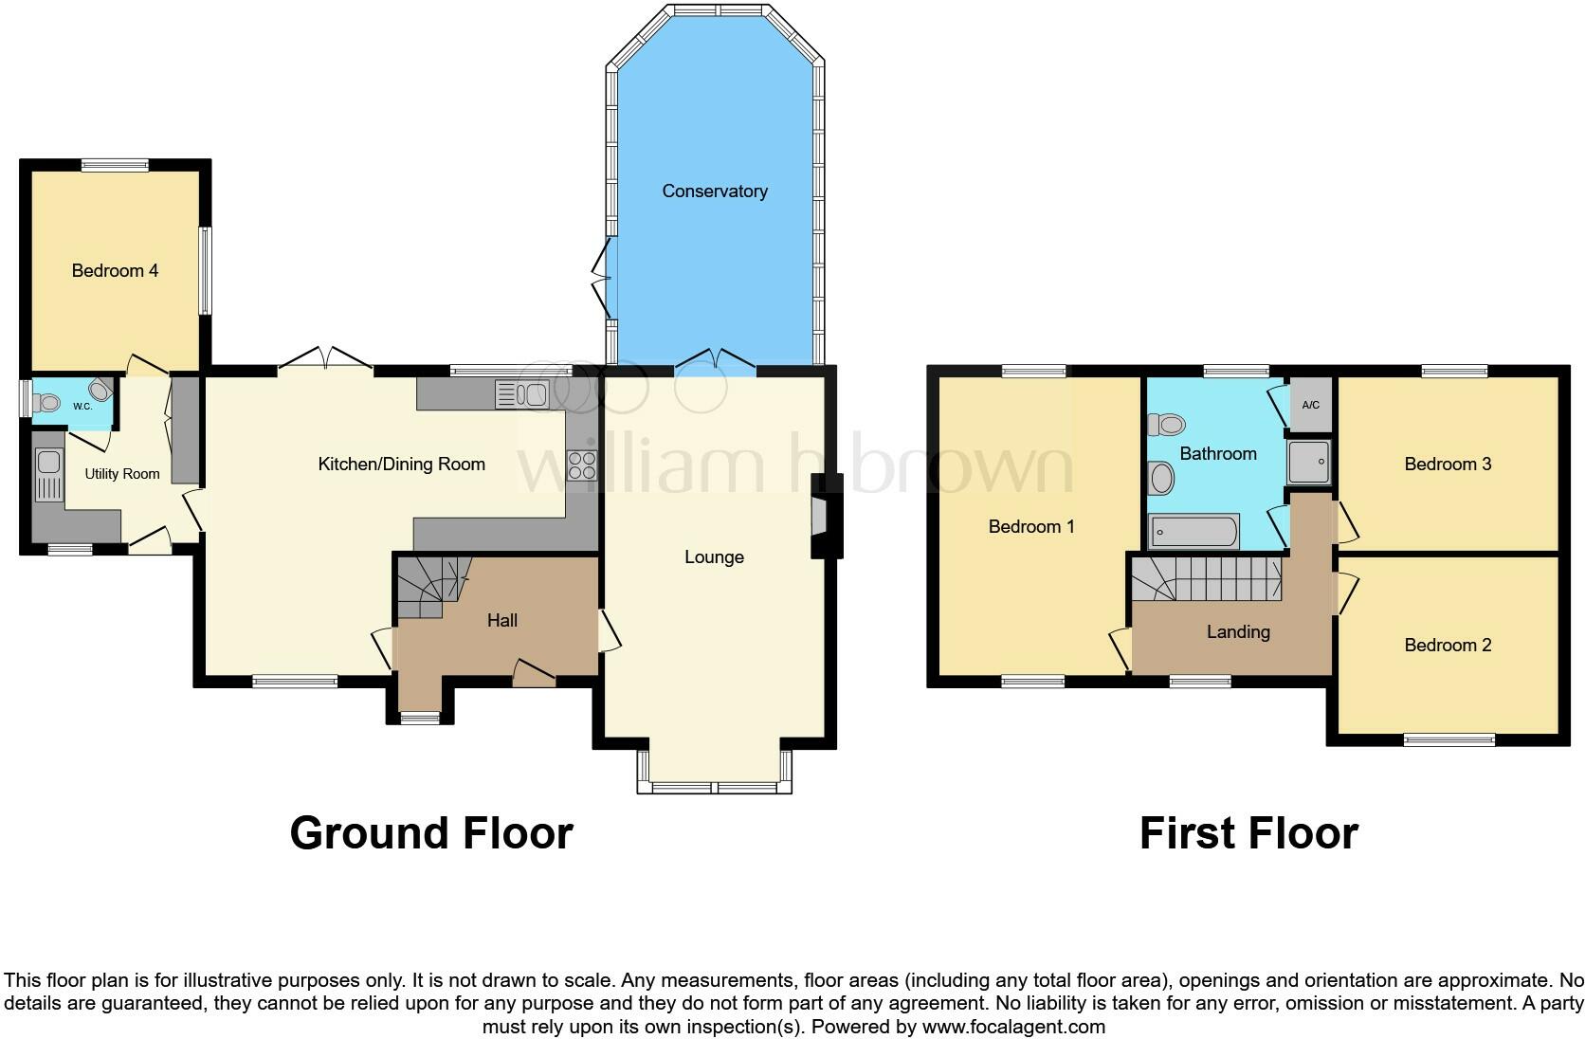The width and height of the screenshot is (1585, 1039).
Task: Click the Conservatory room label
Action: click(714, 191)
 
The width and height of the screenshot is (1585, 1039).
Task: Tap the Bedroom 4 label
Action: click(115, 271)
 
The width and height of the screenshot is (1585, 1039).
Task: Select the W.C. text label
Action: click(82, 407)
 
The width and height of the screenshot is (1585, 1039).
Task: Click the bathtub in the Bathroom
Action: click(1193, 532)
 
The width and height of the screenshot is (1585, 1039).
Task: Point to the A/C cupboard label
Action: click(1310, 406)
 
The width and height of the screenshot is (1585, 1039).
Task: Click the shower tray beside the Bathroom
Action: click(1309, 463)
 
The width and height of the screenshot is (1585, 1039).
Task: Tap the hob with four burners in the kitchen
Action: click(580, 465)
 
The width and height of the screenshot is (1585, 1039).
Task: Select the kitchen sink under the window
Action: click(522, 393)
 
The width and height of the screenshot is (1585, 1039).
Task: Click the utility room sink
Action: click(46, 475)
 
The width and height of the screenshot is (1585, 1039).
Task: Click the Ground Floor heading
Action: click(431, 833)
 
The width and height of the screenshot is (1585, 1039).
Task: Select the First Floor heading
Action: click(1248, 833)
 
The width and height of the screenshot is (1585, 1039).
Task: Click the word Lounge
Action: click(714, 557)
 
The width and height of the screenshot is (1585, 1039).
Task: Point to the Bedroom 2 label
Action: click(1447, 646)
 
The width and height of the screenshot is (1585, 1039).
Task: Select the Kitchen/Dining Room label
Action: click(401, 465)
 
